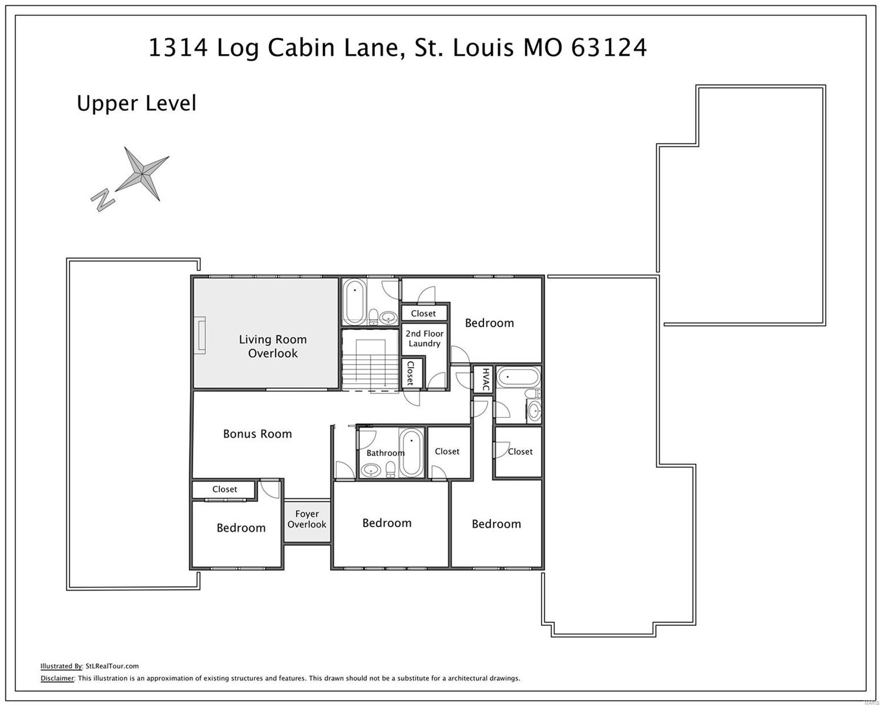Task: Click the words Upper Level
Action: coord(136,104)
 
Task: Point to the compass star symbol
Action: coord(142,174)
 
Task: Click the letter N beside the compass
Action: coord(103,200)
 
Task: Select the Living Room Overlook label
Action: coord(273,347)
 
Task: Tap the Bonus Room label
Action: coord(257,434)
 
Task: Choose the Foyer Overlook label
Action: coord(306,519)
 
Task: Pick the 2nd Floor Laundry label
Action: coord(425,338)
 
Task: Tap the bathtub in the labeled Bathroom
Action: coord(411,452)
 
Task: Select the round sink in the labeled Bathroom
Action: coord(371,470)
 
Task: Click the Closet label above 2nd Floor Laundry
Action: coord(423,314)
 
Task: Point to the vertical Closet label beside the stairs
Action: coord(410,374)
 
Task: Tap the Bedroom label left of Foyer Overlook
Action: coord(241,528)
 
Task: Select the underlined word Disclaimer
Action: coord(57,678)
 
